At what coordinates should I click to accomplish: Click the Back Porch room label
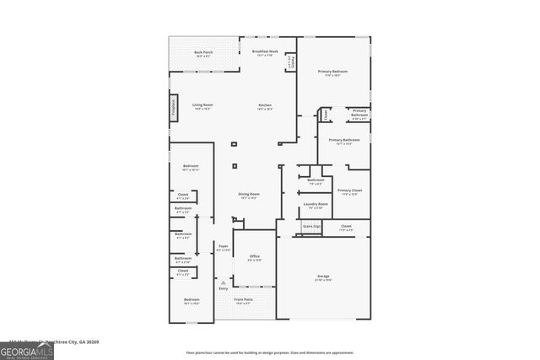[203, 54]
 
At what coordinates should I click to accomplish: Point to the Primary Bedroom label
[332, 73]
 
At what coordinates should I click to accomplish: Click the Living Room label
[202, 106]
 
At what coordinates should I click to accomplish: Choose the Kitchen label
[265, 106]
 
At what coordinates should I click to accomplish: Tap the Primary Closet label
[349, 192]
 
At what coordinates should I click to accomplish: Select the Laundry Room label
[316, 206]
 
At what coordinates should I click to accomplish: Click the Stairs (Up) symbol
[310, 228]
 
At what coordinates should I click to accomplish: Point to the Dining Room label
[249, 196]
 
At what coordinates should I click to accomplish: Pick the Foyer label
[224, 248]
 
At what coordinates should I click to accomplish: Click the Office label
[254, 258]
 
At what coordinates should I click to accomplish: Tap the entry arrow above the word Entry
[223, 282]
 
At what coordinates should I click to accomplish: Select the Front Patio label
[243, 301]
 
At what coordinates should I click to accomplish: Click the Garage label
[323, 277]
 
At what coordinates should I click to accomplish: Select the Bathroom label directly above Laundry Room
[316, 181]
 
